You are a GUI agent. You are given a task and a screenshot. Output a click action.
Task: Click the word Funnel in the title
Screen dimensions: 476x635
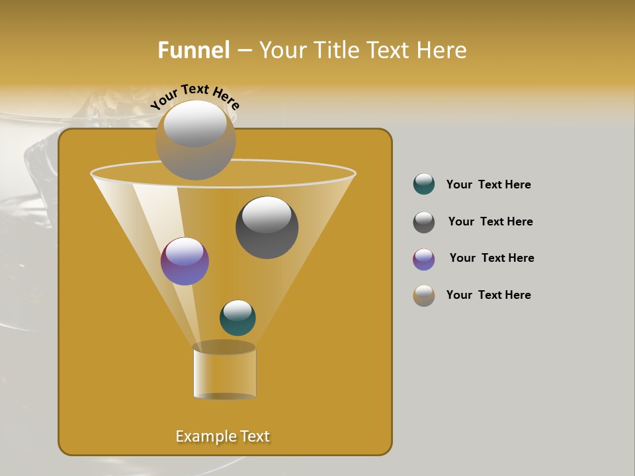click(x=194, y=50)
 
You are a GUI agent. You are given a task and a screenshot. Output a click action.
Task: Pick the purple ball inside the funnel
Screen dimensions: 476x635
click(x=185, y=262)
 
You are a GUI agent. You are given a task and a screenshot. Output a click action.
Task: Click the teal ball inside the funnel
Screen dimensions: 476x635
click(x=237, y=318)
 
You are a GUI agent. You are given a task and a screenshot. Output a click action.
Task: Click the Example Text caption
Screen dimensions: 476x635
click(x=222, y=436)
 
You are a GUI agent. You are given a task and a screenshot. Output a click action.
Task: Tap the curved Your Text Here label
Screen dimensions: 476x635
click(x=194, y=97)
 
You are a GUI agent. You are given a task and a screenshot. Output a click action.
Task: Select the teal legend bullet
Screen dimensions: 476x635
click(x=424, y=184)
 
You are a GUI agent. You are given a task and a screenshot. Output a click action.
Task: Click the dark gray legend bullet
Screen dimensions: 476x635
click(x=424, y=222)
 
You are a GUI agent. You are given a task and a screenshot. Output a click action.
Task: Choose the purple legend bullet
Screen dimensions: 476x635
click(x=424, y=259)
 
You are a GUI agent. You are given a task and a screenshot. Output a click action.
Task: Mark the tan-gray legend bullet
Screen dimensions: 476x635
click(x=424, y=296)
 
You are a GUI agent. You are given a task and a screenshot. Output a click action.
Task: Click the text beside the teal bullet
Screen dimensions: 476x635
click(x=488, y=184)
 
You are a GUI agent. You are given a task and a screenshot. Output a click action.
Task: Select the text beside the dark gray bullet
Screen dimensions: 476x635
click(x=490, y=221)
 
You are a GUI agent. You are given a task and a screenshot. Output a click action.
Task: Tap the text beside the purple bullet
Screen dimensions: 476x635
click(x=491, y=258)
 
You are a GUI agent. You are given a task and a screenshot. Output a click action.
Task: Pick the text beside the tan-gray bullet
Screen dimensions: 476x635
click(x=488, y=295)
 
